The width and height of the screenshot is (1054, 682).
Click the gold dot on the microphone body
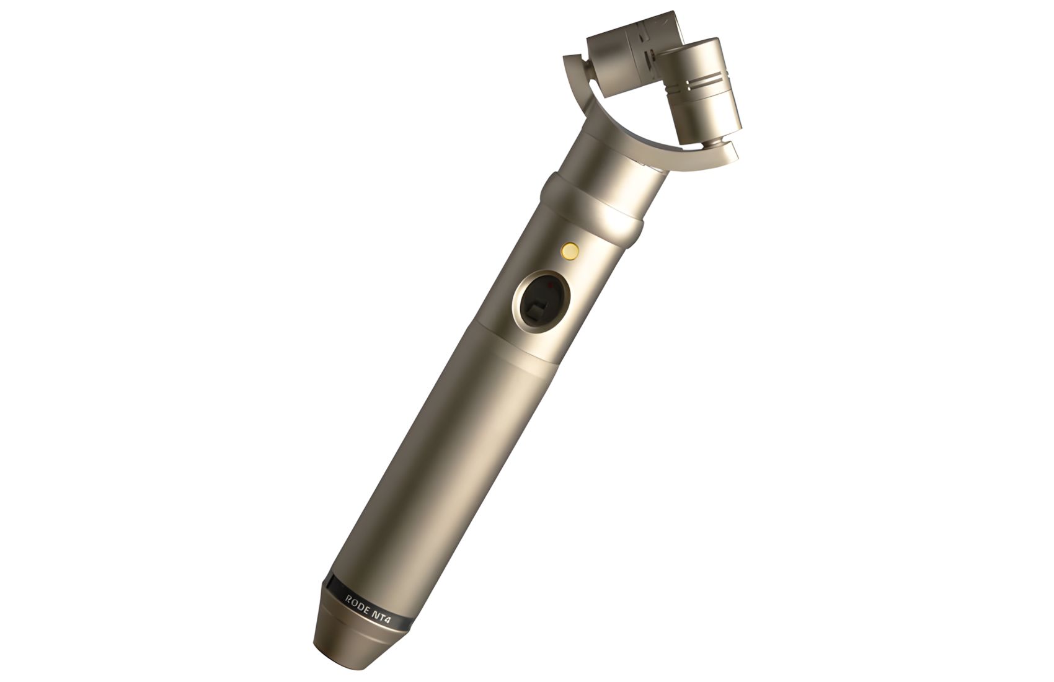[x=570, y=250]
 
